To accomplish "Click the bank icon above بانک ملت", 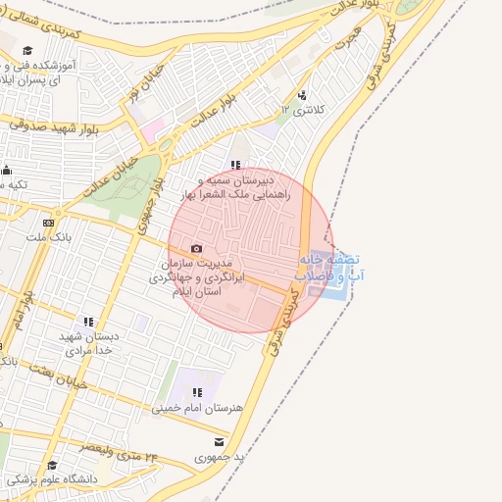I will click(x=48, y=223).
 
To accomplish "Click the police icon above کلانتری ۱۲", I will click(x=302, y=95).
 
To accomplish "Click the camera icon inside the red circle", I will click(x=196, y=249).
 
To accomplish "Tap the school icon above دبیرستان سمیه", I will click(x=235, y=166).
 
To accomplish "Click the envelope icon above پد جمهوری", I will click(x=219, y=442).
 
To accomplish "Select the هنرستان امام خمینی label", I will click(x=205, y=406).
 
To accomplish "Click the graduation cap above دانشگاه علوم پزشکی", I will click(x=52, y=465).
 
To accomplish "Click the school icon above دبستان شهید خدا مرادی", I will click(x=88, y=321).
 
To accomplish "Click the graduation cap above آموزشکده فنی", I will click(x=28, y=50).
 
